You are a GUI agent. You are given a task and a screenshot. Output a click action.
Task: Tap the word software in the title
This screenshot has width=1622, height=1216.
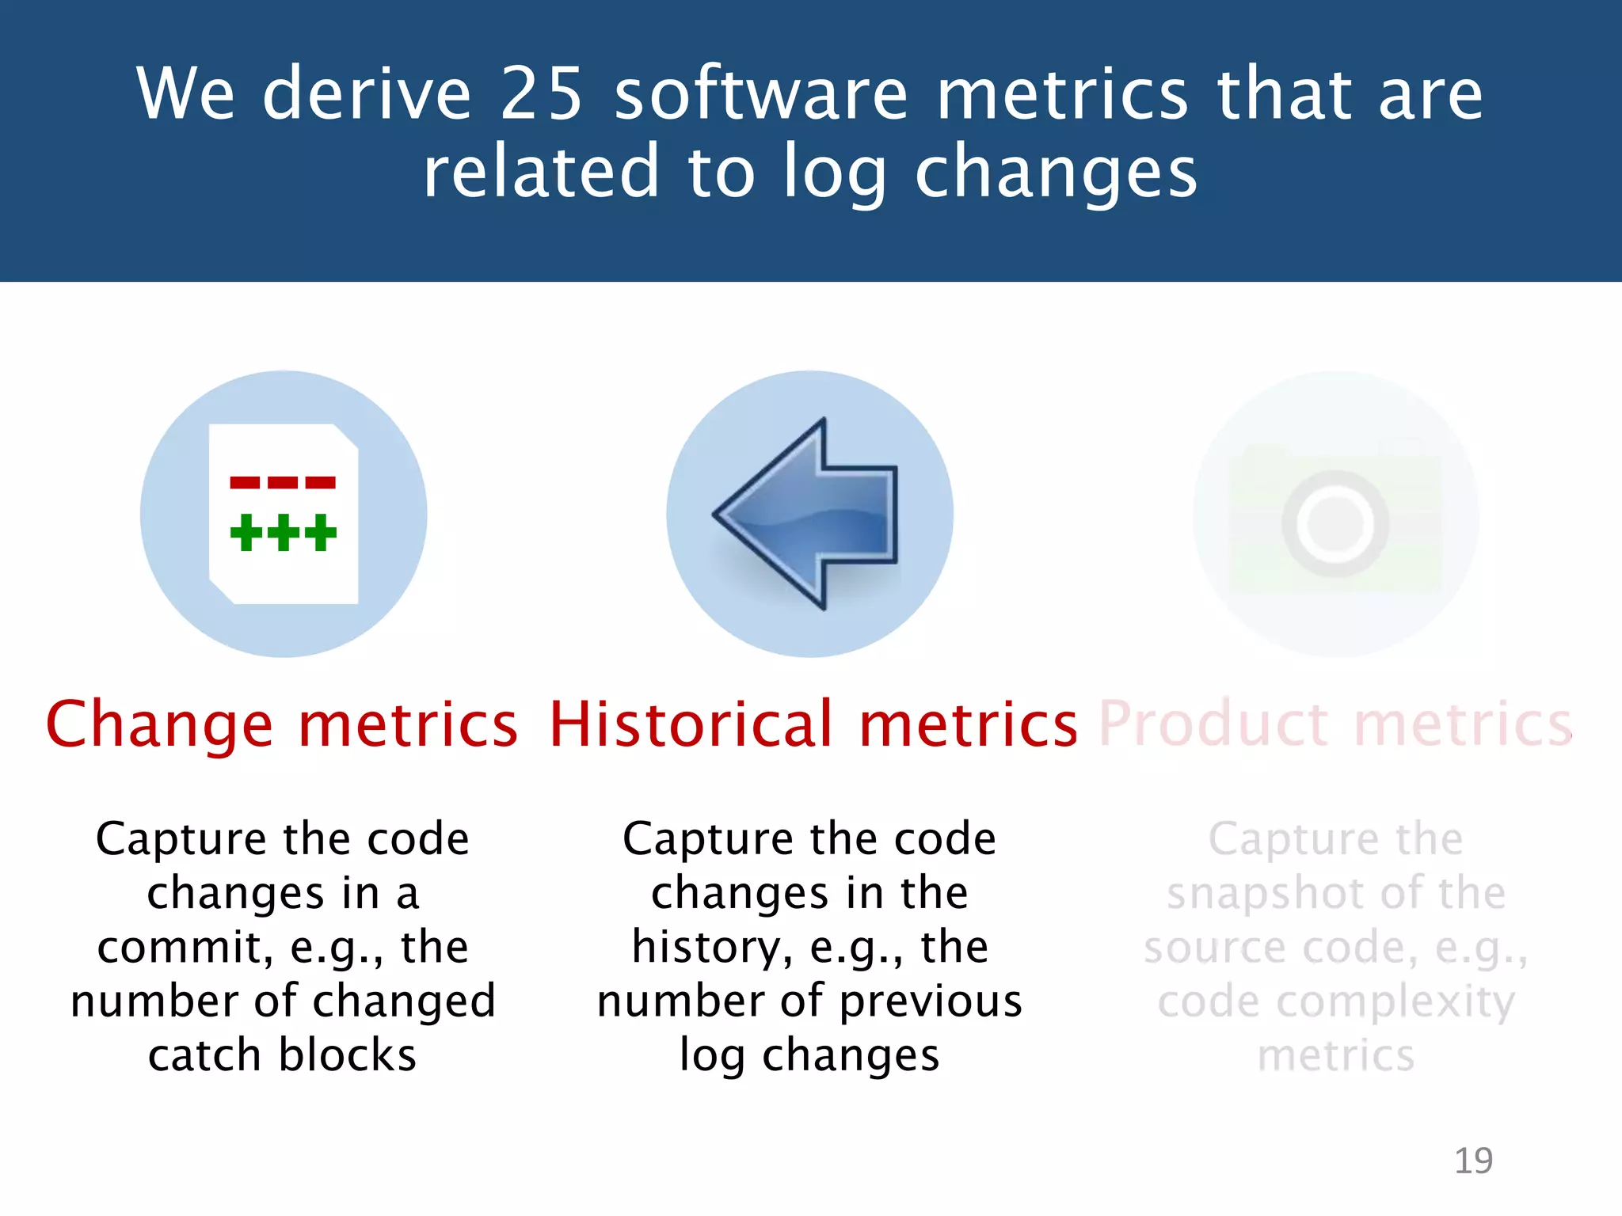click(760, 93)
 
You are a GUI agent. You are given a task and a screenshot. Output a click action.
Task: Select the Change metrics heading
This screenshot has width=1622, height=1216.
click(282, 724)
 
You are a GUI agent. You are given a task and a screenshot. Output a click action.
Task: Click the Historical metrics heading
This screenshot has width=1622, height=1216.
click(813, 724)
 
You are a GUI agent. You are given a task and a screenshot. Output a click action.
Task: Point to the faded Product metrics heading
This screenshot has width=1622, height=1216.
click(1335, 724)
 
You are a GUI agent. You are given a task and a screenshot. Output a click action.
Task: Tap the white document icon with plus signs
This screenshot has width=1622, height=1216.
click(284, 514)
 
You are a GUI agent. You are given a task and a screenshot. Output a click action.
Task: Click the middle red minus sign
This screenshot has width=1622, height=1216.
click(283, 482)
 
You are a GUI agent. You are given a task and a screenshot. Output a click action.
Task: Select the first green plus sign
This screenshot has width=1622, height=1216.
click(246, 532)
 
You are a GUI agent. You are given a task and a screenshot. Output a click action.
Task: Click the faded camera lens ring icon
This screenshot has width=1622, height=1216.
click(1335, 523)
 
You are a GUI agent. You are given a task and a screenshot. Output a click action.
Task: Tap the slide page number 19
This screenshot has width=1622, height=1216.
click(1473, 1161)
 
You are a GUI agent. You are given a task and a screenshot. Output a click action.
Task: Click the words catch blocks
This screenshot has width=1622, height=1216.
click(282, 1055)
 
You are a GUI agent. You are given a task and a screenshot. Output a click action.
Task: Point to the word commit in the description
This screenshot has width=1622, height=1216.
click(185, 948)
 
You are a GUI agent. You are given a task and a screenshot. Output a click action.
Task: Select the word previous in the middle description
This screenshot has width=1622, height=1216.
click(931, 1001)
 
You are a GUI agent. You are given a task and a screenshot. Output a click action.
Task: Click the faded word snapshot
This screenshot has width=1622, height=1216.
click(1266, 894)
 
